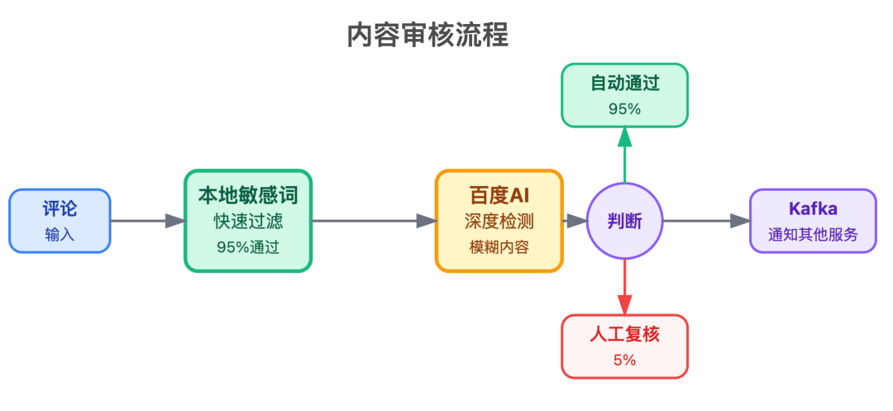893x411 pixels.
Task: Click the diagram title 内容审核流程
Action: [427, 36]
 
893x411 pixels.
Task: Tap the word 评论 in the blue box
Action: [60, 209]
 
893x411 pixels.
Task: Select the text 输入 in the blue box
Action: [60, 234]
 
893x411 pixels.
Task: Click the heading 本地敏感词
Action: [248, 195]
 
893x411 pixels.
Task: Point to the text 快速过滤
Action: [248, 222]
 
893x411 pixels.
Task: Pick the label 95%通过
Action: [248, 246]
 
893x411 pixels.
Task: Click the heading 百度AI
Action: [499, 195]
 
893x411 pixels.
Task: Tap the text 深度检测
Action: [499, 222]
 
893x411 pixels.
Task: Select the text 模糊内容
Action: [499, 246]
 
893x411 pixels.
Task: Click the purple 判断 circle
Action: [624, 221]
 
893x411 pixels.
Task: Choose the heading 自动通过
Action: [624, 83]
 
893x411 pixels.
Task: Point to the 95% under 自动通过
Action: [624, 108]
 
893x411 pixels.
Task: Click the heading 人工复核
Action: [624, 334]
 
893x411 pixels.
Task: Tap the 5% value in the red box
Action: [624, 360]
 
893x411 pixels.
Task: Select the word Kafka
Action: [813, 208]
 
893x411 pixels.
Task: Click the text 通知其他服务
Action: [813, 234]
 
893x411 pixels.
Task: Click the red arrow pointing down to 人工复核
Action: [624, 286]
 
